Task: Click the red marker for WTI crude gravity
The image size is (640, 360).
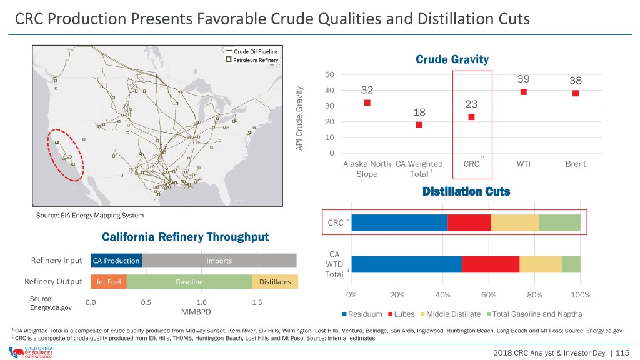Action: [523, 92]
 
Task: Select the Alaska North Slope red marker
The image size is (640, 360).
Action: [367, 103]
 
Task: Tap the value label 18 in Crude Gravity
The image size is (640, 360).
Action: [419, 112]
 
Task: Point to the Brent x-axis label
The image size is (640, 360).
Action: [576, 164]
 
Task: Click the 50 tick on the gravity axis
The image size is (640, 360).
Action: [329, 75]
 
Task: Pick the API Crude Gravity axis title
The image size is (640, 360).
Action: [299, 118]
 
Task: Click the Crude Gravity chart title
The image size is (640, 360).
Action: [452, 59]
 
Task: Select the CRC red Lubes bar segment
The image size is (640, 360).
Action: [469, 223]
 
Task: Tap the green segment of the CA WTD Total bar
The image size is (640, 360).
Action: [571, 264]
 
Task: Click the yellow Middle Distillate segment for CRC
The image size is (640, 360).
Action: [515, 223]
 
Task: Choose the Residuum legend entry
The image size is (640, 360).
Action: [362, 314]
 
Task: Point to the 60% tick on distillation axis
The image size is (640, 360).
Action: [489, 295]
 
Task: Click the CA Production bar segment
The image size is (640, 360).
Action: [116, 261]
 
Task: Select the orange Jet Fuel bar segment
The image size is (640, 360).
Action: [109, 282]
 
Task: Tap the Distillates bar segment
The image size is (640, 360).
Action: [275, 282]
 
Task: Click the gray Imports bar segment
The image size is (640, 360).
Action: [219, 261]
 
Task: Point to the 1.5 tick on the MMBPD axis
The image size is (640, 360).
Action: [257, 303]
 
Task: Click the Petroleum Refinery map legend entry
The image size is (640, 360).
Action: [252, 60]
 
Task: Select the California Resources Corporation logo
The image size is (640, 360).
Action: [31, 352]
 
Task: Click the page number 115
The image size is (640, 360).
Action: [622, 353]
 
